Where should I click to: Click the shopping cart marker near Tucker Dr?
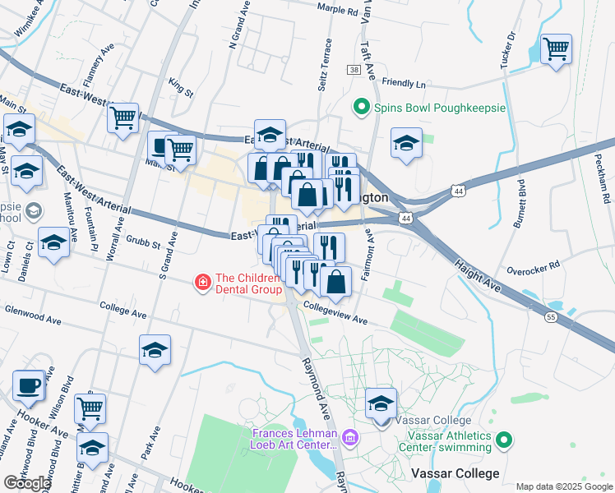tap(557, 50)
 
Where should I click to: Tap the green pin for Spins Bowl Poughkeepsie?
tap(359, 107)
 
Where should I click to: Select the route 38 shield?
tap(354, 71)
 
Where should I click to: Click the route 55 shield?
tap(551, 316)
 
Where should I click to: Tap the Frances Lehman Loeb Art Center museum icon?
tap(351, 438)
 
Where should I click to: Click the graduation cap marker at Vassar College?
tap(381, 404)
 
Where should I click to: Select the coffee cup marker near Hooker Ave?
tap(29, 386)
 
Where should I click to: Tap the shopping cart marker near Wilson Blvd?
tap(90, 408)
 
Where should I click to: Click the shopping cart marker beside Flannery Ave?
tap(123, 118)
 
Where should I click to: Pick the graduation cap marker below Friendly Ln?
tap(406, 144)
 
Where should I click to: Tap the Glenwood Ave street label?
tap(33, 311)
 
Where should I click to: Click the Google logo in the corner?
tap(26, 483)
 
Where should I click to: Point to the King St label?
tap(179, 87)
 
